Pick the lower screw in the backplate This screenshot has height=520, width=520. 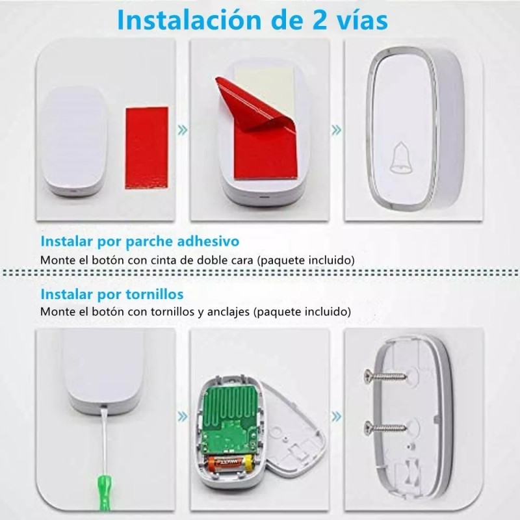tap(388, 427)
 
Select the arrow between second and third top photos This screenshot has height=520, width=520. tap(336, 129)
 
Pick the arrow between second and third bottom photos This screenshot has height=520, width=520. tap(336, 414)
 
